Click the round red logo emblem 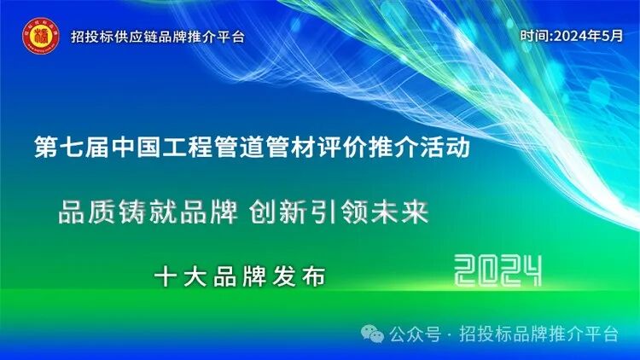pyautogui.click(x=38, y=36)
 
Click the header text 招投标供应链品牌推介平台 pyautogui.click(x=158, y=38)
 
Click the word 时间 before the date pyautogui.click(x=536, y=36)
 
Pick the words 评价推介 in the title pyautogui.click(x=355, y=148)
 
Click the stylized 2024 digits pyautogui.click(x=498, y=272)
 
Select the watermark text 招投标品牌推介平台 pyautogui.click(x=538, y=334)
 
